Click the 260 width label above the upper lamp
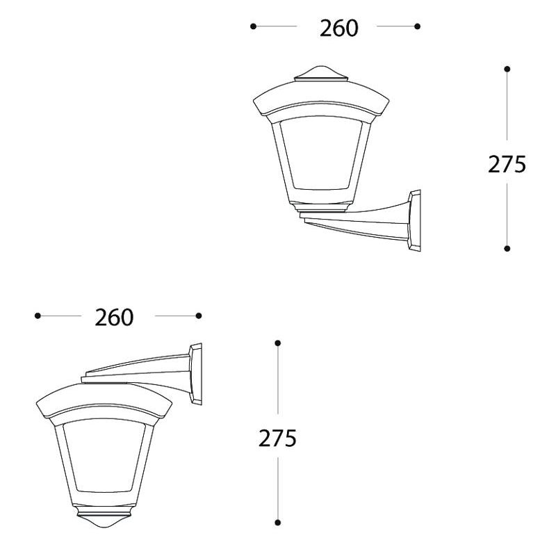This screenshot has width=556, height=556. pos(339,28)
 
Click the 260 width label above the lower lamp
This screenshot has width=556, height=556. pos(114,318)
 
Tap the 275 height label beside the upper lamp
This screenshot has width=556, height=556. pos(507,165)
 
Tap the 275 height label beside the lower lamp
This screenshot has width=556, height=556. pos(277,439)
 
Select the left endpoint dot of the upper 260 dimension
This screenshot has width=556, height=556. pos(253,26)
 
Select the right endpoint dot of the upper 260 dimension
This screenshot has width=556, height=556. pos(418,26)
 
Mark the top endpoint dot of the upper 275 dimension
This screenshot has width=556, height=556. pos(507,69)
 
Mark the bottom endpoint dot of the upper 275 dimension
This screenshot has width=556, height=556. pos(507,249)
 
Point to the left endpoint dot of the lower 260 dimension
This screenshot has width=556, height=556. pos(38,316)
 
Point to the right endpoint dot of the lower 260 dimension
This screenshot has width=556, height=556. pos(199,316)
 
